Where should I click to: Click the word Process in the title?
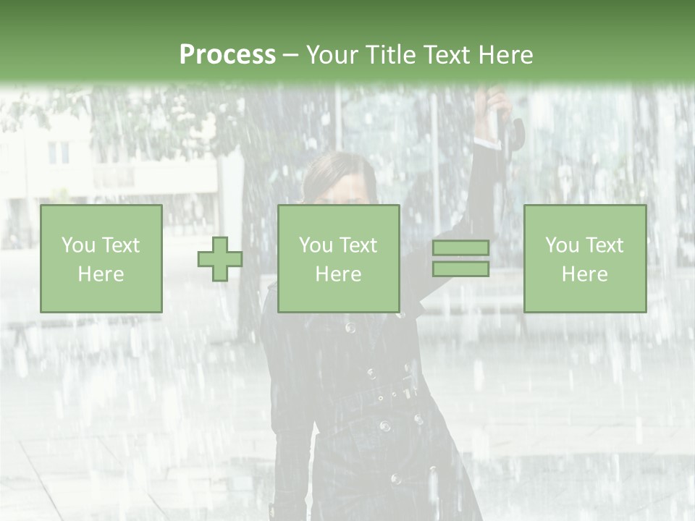coord(227,55)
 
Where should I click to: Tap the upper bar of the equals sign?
coord(460,247)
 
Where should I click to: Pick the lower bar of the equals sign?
coord(460,268)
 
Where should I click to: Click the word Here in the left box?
coord(101,274)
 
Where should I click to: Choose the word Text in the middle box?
coord(358,245)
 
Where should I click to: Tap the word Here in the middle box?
coord(338,274)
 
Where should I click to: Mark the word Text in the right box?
coord(604,245)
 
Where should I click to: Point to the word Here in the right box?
coord(584,274)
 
